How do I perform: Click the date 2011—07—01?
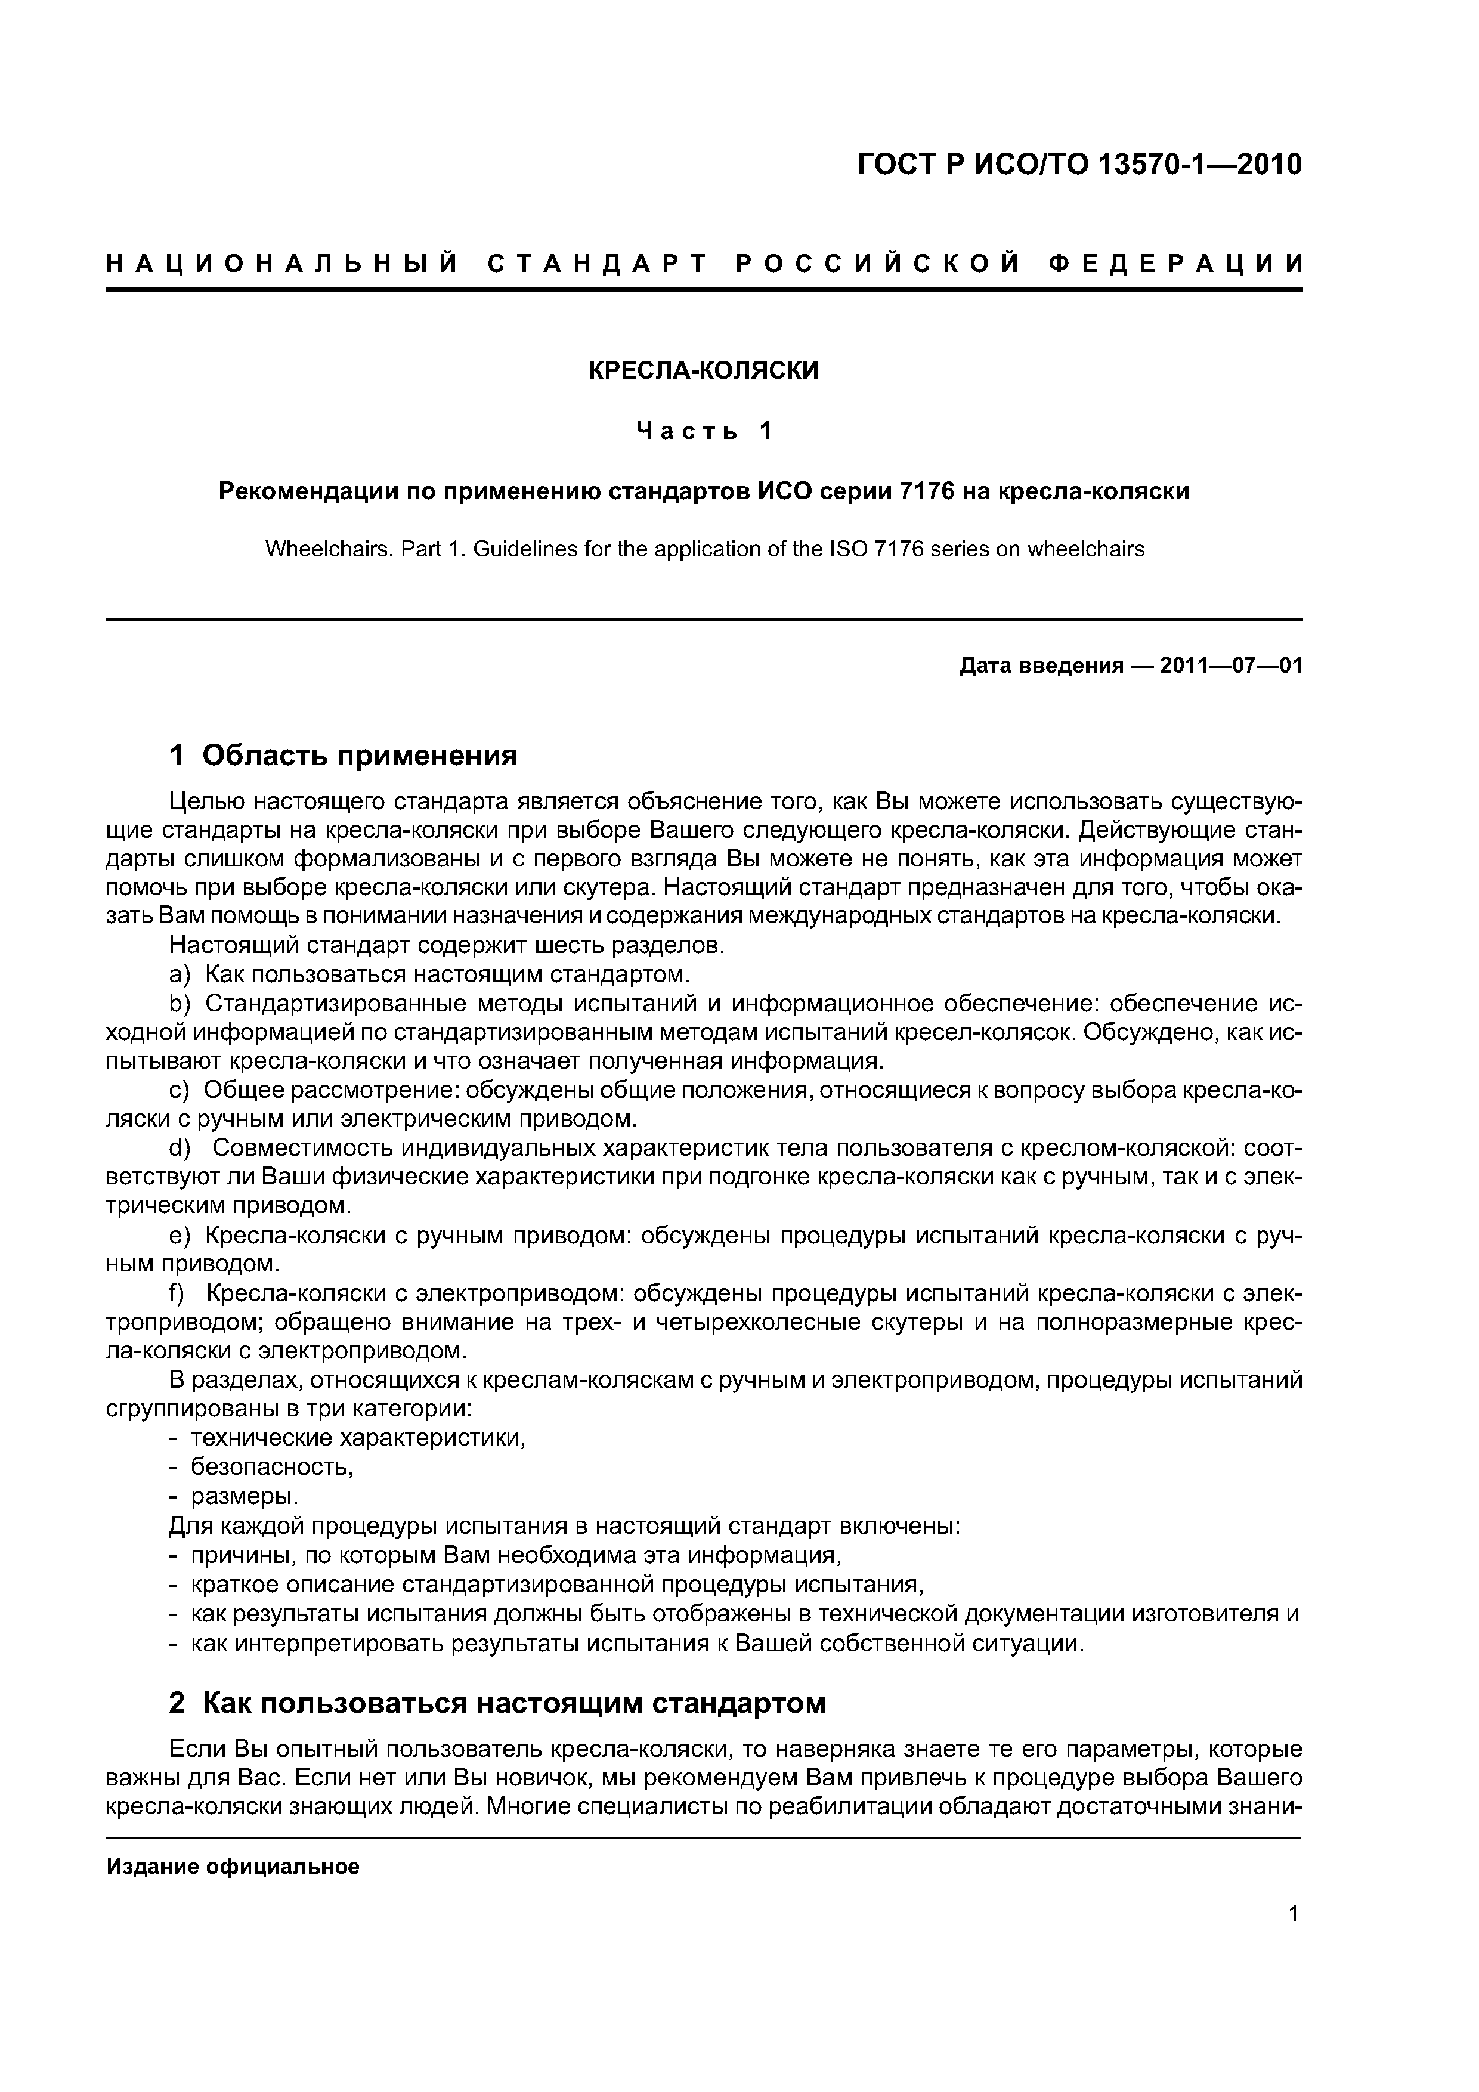pos(1231,666)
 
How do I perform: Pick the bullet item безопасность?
pos(271,1467)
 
